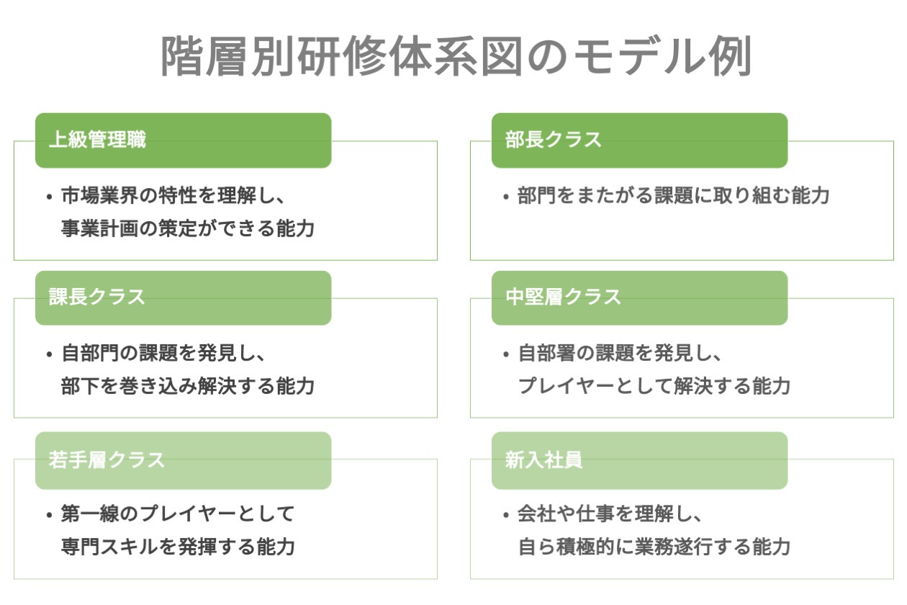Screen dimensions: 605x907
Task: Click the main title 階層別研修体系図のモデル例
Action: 455,56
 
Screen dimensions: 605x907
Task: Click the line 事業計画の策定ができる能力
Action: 188,228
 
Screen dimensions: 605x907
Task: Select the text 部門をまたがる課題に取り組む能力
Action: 674,196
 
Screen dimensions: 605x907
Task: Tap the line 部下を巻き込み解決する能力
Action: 188,386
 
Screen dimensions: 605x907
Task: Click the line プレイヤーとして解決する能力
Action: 654,386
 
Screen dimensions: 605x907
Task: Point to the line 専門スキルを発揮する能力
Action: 179,547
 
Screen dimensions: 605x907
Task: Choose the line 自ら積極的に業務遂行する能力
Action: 654,547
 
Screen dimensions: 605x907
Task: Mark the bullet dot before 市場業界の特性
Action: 49,197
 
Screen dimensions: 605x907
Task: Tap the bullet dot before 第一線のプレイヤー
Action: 49,516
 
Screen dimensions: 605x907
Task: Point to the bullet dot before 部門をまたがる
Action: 506,197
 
